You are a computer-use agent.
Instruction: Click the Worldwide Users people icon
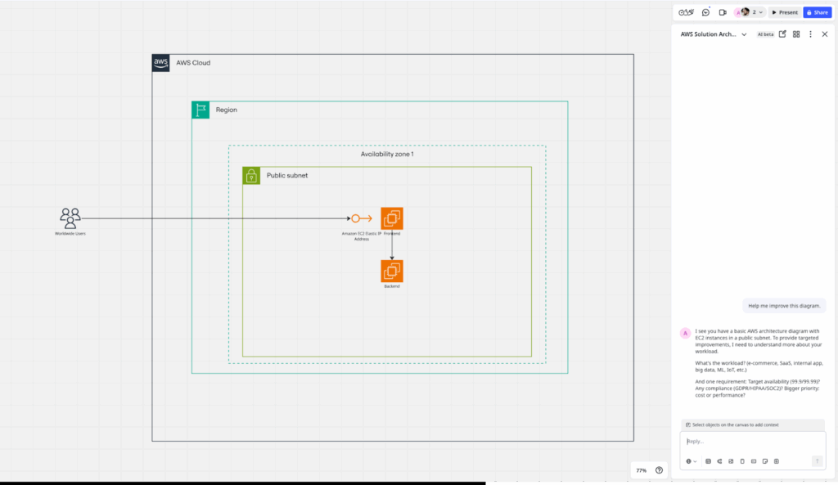pos(70,218)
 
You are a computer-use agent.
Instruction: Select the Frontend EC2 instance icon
pos(392,218)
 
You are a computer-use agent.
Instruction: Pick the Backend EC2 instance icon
pos(392,271)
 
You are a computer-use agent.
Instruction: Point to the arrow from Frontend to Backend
pos(392,245)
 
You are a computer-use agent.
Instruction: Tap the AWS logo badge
pos(161,63)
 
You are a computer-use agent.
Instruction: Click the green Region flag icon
pos(200,110)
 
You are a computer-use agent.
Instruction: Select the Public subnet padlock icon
pos(251,176)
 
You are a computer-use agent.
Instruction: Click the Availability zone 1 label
pos(387,154)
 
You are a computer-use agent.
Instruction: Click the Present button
pos(784,12)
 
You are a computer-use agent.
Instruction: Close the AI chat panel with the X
pos(824,34)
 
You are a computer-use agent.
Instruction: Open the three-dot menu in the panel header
pos(810,34)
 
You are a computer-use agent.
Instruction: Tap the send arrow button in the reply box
pos(817,461)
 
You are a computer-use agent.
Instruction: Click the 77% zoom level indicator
pos(642,470)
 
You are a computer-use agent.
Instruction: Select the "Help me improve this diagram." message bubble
pos(784,305)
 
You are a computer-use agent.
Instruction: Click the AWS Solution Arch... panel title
pos(710,34)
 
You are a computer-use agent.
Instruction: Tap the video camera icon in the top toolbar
pos(723,12)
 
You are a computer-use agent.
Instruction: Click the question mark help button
pos(659,470)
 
